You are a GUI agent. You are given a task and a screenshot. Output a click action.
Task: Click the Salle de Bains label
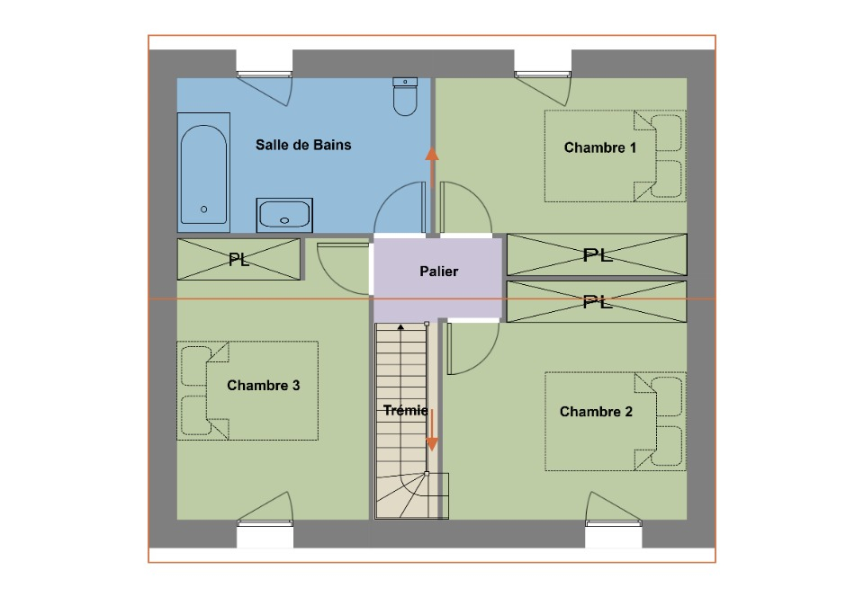click(303, 145)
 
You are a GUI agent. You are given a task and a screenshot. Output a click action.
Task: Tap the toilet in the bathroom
click(405, 97)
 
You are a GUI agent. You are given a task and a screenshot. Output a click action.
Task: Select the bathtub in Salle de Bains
click(203, 173)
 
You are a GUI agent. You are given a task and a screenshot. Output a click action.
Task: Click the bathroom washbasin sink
click(284, 215)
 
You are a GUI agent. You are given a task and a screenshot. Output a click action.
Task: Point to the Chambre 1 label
click(600, 147)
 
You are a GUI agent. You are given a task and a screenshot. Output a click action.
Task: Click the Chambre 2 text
click(596, 412)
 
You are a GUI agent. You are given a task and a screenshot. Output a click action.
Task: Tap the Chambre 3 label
click(264, 385)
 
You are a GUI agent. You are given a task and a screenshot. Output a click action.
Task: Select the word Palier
click(438, 272)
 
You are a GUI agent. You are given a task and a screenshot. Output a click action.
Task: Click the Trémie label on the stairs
click(406, 410)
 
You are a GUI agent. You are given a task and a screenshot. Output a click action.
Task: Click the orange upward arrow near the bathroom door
click(432, 168)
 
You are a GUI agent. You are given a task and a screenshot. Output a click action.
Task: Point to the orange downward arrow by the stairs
click(432, 430)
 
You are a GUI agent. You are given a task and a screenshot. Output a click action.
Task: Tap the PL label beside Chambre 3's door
click(238, 259)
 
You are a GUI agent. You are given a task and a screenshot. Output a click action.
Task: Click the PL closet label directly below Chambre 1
click(598, 254)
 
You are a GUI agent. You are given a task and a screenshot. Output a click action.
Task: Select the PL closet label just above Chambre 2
click(598, 301)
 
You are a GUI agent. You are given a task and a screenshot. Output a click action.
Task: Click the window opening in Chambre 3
click(265, 534)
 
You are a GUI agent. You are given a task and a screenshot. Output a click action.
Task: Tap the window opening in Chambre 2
click(613, 534)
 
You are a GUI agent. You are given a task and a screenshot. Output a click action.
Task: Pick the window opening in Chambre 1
click(543, 63)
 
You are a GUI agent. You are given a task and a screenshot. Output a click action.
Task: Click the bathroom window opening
click(265, 63)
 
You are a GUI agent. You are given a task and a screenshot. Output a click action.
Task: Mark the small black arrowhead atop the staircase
click(401, 327)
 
